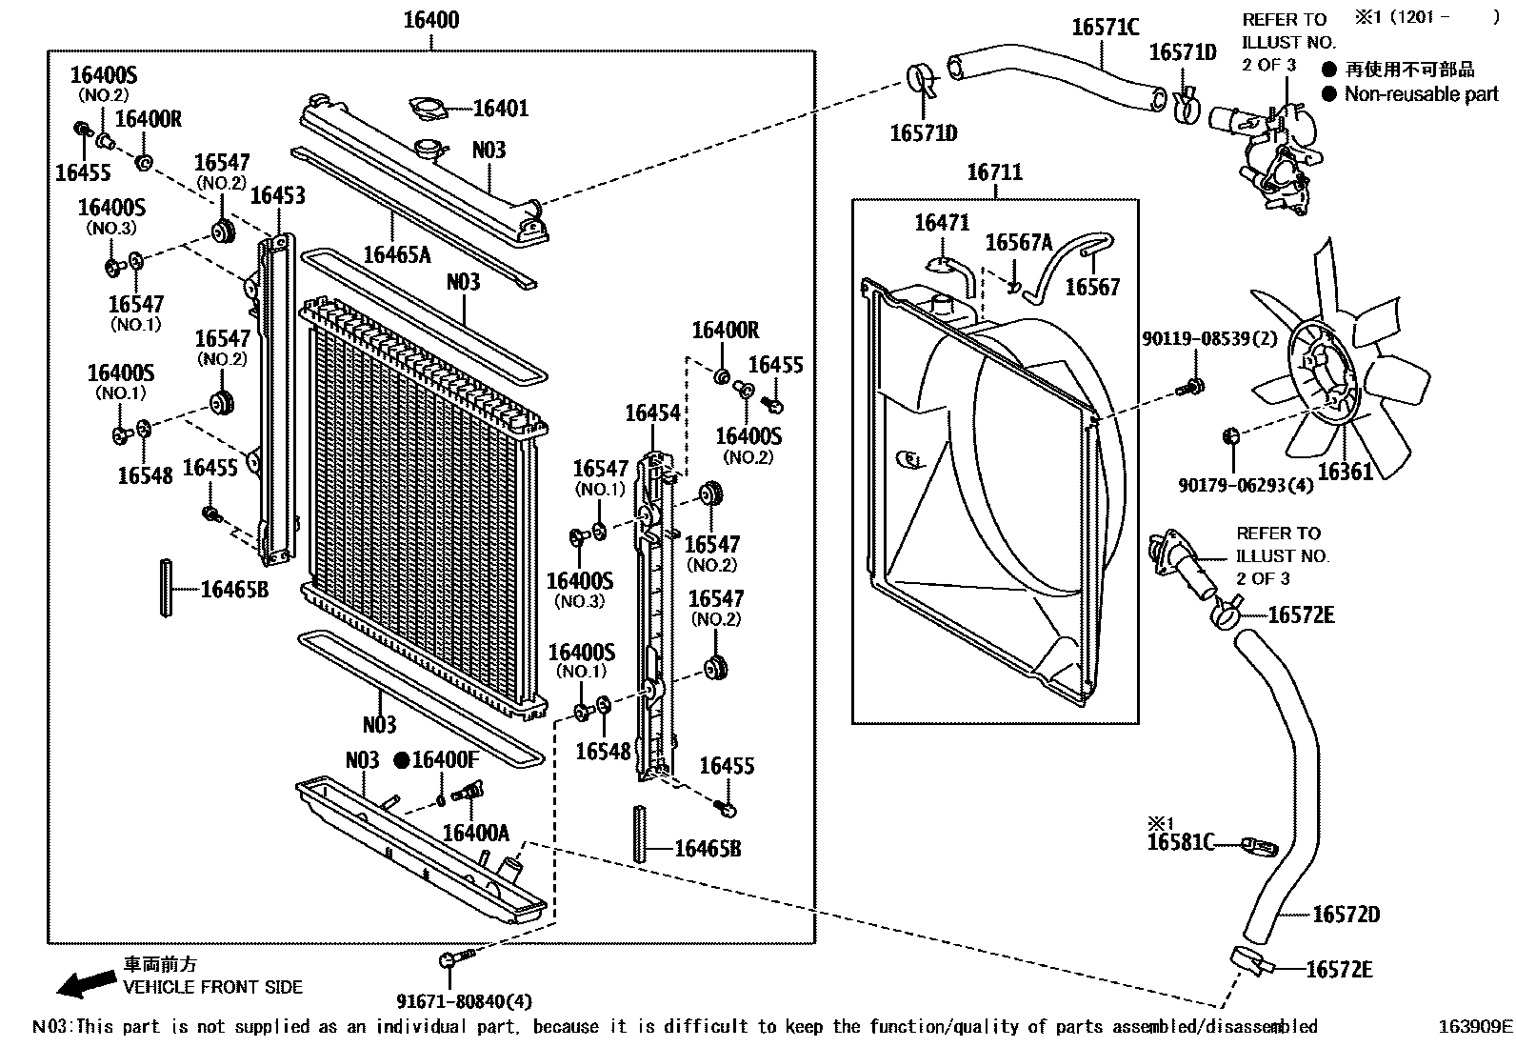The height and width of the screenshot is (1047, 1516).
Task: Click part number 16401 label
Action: click(x=501, y=109)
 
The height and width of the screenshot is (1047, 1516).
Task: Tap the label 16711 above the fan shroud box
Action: click(x=994, y=172)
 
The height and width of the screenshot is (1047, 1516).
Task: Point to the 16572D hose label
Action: click(x=1346, y=915)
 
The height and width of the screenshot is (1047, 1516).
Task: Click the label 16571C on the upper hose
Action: click(x=1105, y=28)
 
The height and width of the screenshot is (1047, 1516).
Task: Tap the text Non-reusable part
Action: click(x=1421, y=94)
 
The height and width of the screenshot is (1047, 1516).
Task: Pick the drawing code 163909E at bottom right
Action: click(x=1474, y=1027)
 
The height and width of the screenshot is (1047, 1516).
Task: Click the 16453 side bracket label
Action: click(x=278, y=196)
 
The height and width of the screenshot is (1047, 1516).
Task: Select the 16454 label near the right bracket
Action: click(x=652, y=413)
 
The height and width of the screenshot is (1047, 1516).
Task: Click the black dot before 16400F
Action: click(x=402, y=760)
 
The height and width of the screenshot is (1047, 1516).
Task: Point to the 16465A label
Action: click(x=397, y=254)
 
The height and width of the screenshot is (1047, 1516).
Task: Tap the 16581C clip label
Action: click(x=1181, y=842)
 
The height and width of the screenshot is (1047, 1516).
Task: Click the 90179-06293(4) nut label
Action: click(x=1246, y=485)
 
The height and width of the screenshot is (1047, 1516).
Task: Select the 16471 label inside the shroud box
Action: click(x=942, y=223)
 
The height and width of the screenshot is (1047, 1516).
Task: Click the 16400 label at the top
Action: click(x=430, y=20)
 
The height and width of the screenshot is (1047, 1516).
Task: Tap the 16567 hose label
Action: click(x=1092, y=287)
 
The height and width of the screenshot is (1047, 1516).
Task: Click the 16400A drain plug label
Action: click(x=475, y=833)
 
